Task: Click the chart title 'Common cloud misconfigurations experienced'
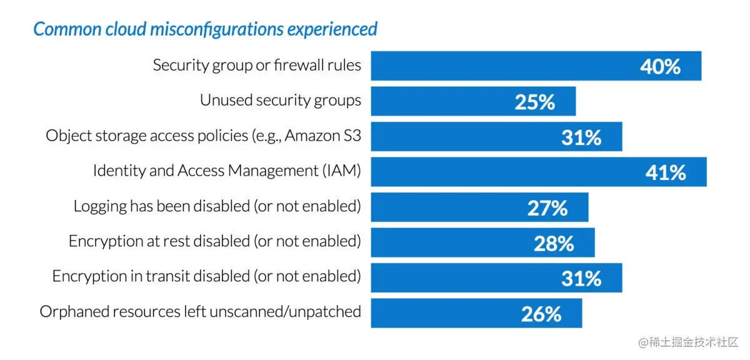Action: click(205, 29)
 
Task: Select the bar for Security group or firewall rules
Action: click(500, 66)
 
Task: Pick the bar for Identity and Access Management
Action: click(500, 172)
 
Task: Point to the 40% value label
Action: click(660, 66)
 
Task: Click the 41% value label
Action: click(665, 172)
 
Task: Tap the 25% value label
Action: click(534, 102)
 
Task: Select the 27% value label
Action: click(547, 207)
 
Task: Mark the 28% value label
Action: click(553, 243)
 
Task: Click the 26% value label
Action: click(541, 314)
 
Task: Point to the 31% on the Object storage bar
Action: click(581, 137)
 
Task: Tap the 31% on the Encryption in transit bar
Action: click(581, 278)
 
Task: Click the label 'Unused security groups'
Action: click(280, 100)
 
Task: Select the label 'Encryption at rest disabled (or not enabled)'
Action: click(214, 241)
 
